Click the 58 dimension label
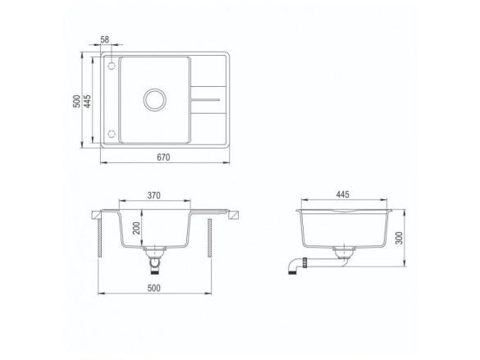point(105,39)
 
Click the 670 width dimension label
point(163,157)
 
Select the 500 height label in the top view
point(77,101)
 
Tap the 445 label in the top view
point(87,101)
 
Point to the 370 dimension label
point(153,195)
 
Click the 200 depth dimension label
point(136,228)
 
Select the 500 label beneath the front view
point(153,288)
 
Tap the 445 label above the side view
point(342,194)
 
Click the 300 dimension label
point(400,238)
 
